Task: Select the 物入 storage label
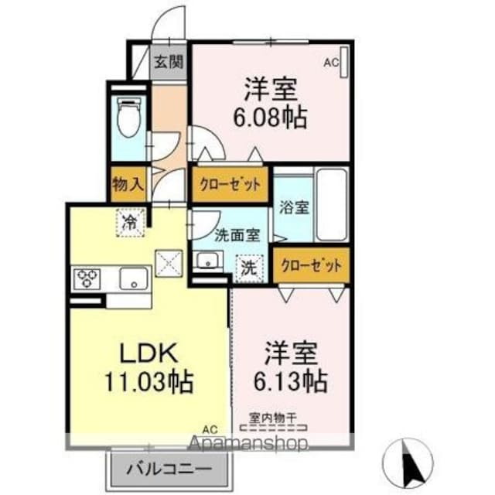click(x=127, y=186)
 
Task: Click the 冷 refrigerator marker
click(x=131, y=223)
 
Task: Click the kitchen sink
click(x=133, y=278)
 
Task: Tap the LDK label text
click(x=150, y=354)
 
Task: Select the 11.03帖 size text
click(x=150, y=381)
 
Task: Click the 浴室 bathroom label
click(x=293, y=207)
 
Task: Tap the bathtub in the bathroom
click(x=331, y=205)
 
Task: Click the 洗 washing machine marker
click(x=249, y=268)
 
